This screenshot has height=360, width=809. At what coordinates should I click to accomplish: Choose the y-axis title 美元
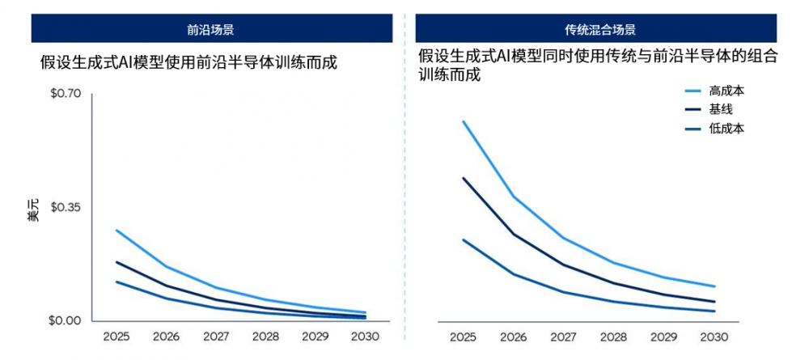click(x=32, y=210)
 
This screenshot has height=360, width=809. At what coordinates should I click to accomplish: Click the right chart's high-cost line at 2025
click(x=464, y=121)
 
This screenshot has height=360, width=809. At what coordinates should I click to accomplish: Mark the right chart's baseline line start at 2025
click(x=464, y=178)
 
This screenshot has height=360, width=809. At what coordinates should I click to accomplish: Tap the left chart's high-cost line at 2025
click(x=117, y=231)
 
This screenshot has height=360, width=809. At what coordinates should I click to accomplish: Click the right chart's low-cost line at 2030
click(x=714, y=311)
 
